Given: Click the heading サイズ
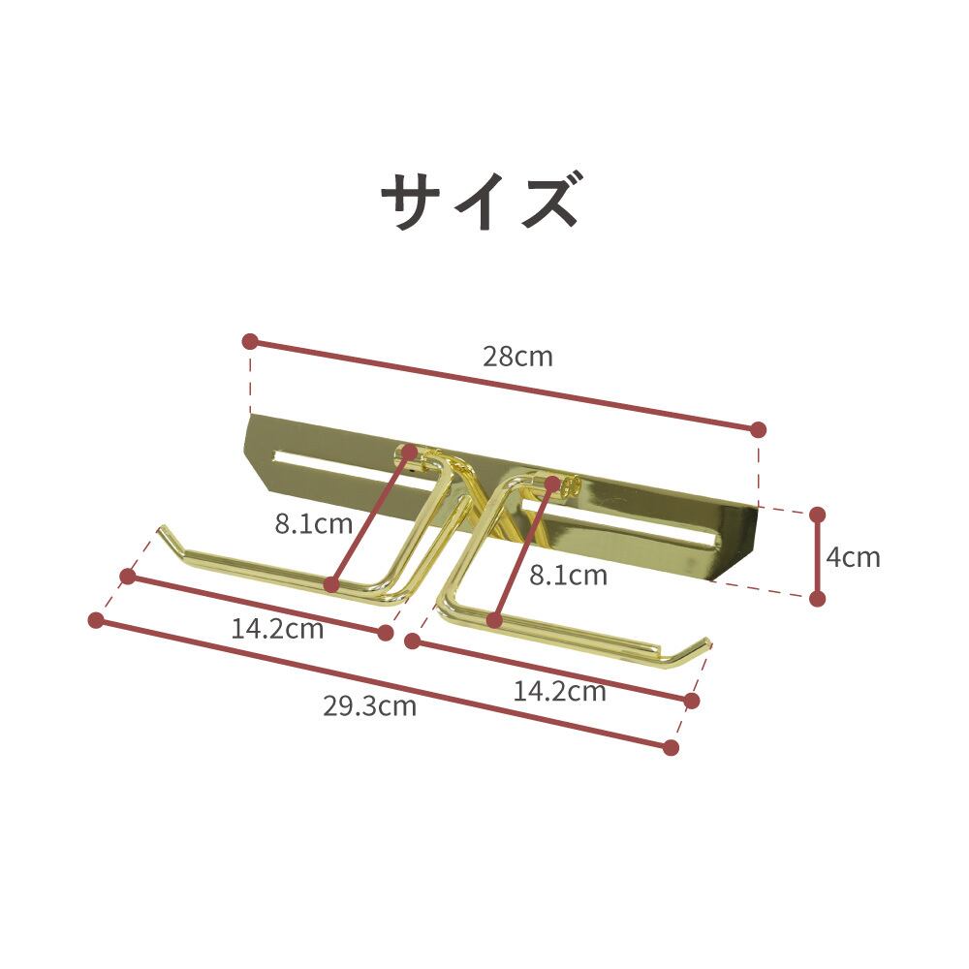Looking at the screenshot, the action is pos(482,201).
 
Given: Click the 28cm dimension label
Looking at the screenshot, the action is pos(517,357).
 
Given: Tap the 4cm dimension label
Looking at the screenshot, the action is pos(853,557).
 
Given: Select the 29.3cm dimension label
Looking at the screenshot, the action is pos(369,705).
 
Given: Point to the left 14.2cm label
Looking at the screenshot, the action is pos(277,629).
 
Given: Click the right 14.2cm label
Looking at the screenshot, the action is pos(560,692).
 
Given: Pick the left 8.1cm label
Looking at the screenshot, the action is pos(314,524).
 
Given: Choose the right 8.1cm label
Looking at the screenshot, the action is pos(569,576).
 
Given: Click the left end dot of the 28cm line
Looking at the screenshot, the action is pos(250,342).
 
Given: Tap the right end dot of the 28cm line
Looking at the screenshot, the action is pos(759,430).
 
